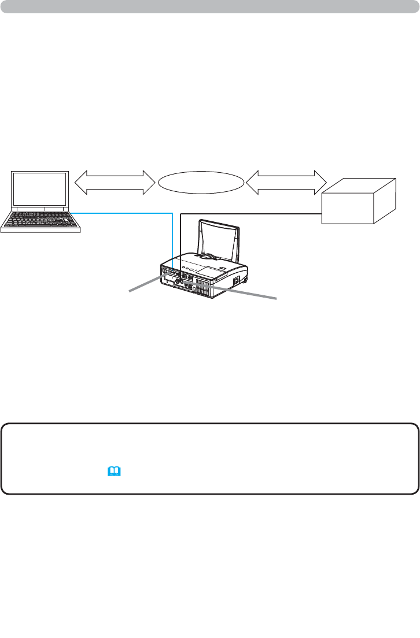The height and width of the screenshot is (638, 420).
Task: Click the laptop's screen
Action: (40, 190)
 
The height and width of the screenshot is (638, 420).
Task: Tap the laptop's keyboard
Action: (40, 220)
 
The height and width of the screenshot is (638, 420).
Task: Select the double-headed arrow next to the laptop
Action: (113, 183)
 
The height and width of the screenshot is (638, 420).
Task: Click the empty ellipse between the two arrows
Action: (200, 183)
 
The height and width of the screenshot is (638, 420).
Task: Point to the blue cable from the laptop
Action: (127, 213)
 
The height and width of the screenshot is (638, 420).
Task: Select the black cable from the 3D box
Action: (249, 214)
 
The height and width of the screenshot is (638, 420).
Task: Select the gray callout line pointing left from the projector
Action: (145, 284)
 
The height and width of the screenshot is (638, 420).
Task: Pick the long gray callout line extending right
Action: (243, 291)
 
